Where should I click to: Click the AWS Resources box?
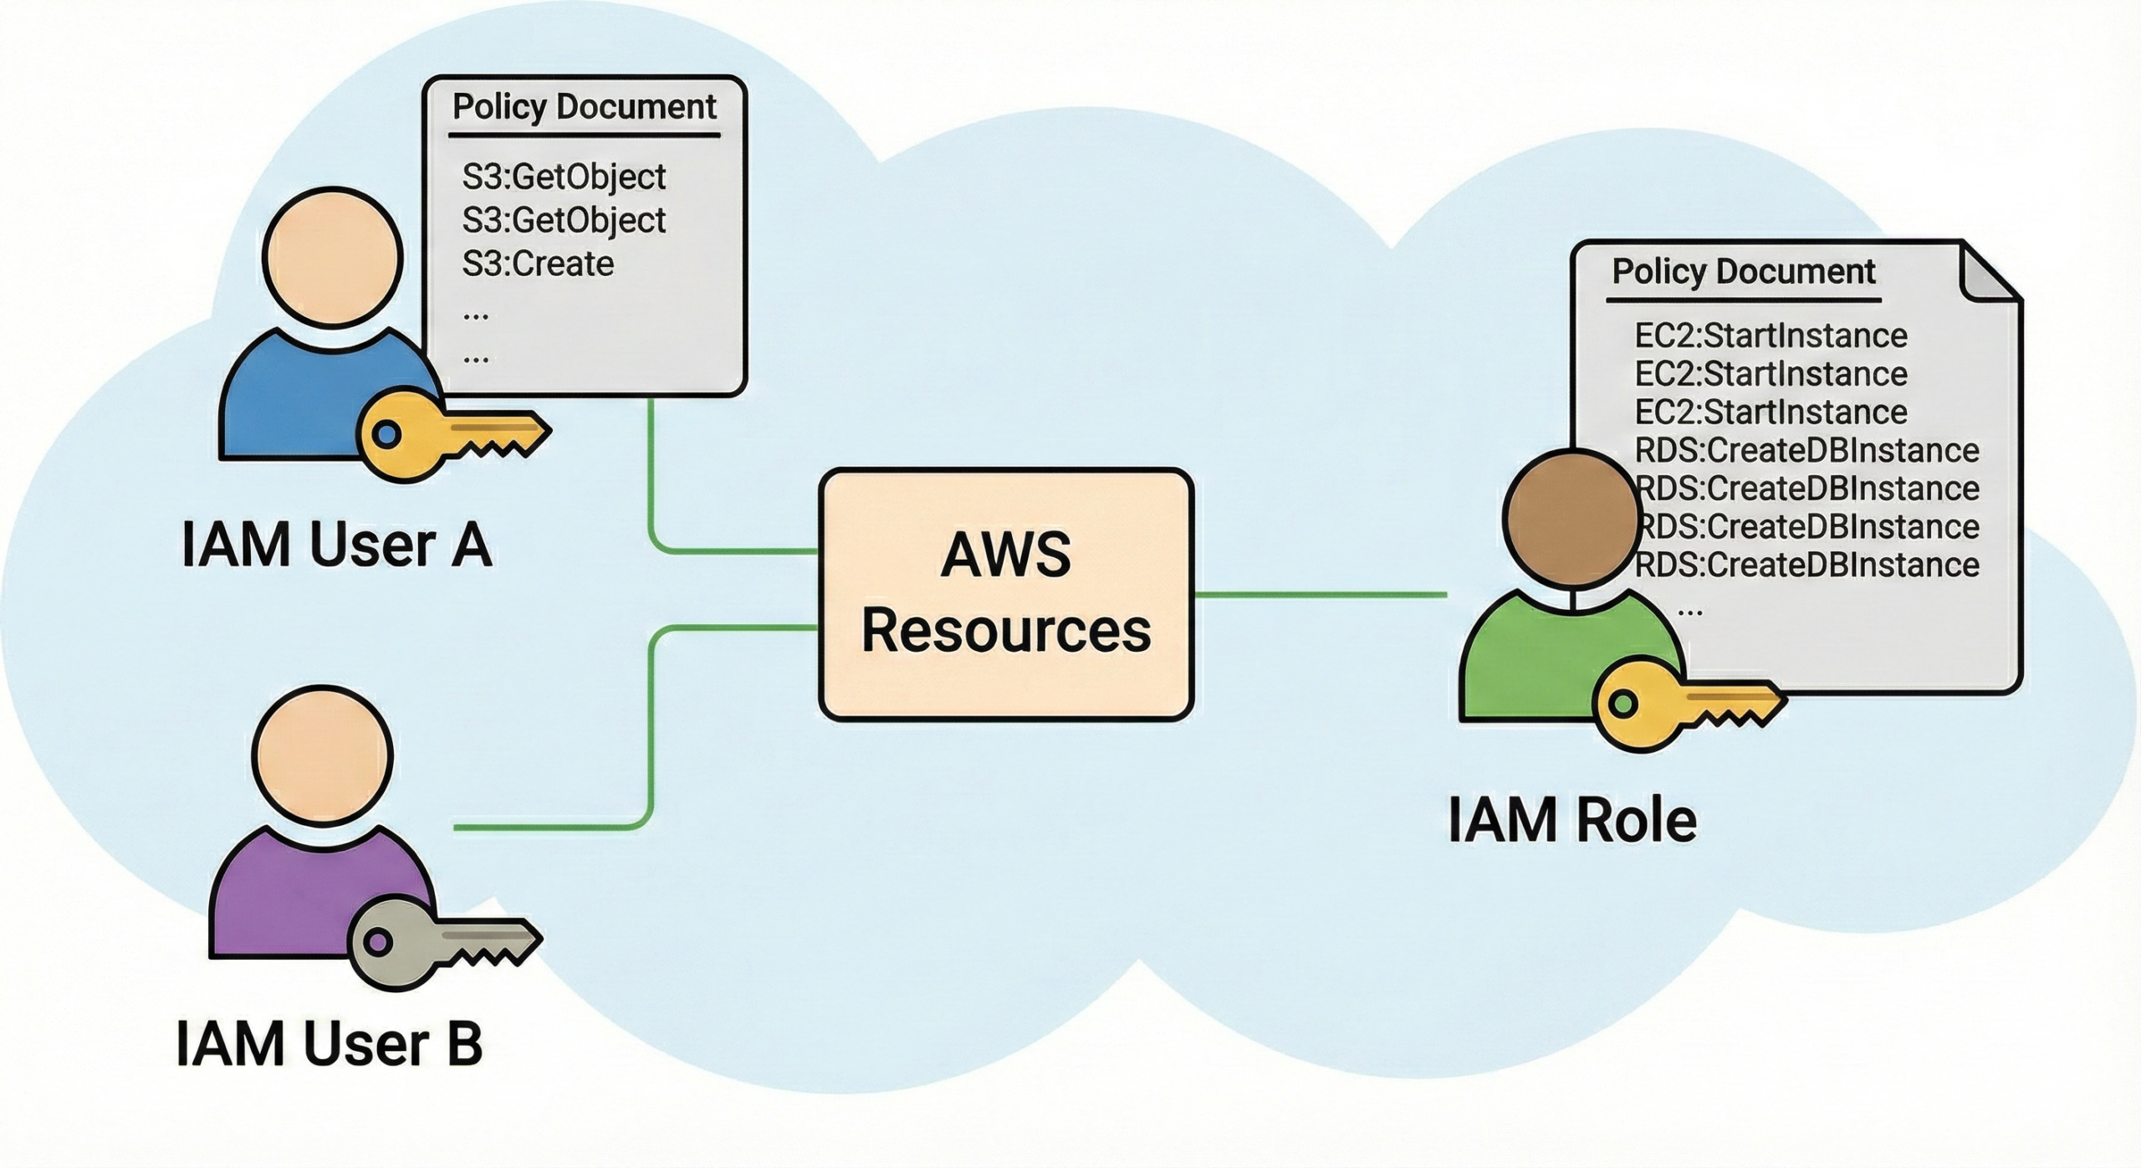1006,594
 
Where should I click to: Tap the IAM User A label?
336,546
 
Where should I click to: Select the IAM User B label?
329,1043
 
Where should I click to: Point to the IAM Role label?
1572,820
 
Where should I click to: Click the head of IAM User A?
333,258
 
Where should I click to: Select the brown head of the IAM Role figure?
1571,517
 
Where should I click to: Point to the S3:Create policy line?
539,264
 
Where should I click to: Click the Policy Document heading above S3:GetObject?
584,107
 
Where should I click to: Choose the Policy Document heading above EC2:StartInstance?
1743,272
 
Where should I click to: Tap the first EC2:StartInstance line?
1771,336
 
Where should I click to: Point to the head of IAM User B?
323,757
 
